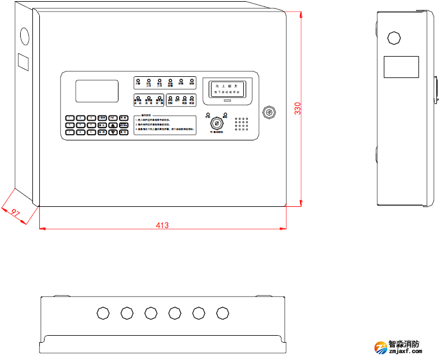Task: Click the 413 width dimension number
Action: tap(162, 225)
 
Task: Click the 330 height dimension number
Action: tap(297, 109)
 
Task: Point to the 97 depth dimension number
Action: tap(16, 213)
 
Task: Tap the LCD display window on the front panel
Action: tap(97, 91)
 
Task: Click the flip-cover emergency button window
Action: tap(227, 88)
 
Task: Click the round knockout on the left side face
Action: tap(24, 35)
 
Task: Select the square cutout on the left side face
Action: tap(23, 61)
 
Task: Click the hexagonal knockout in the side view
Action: tap(394, 38)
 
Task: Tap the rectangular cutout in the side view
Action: tap(401, 67)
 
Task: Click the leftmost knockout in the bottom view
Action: tap(102, 313)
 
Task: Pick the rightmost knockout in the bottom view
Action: tap(223, 313)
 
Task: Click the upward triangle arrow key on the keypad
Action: tap(113, 125)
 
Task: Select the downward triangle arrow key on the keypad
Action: tap(113, 132)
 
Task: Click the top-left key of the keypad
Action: tap(70, 118)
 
